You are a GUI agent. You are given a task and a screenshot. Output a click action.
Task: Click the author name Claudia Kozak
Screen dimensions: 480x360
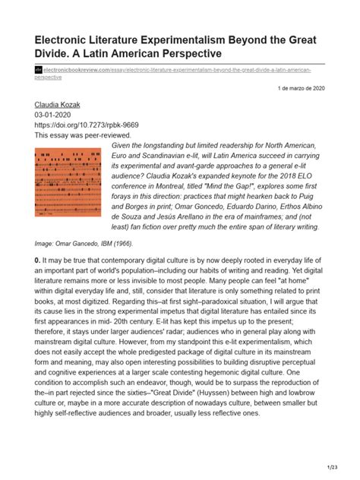[61, 104]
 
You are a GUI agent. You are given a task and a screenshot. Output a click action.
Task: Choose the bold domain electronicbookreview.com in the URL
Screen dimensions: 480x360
[77, 68]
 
